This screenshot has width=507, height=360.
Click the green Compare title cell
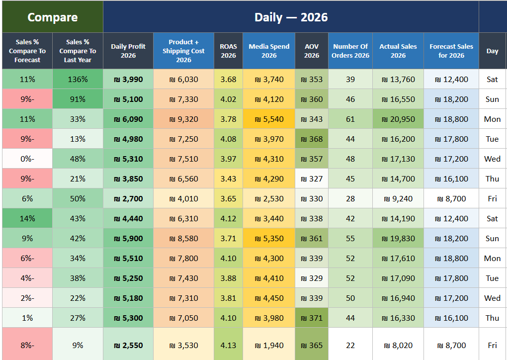point(53,17)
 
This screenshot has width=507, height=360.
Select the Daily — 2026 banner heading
point(291,17)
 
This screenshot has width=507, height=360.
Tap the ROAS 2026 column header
point(228,51)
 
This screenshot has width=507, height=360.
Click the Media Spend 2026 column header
point(269,51)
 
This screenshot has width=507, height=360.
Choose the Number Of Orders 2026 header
point(350,51)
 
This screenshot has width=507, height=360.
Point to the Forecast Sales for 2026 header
point(451,51)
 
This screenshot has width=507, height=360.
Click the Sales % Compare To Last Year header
point(78,51)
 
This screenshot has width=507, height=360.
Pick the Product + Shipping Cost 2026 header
point(183,51)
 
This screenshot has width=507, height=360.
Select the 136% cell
point(78,79)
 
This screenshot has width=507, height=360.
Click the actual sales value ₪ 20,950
point(398,119)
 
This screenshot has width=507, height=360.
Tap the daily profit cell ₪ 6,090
point(128,119)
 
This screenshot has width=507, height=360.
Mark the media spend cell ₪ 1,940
point(269,345)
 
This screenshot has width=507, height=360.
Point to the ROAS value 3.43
point(228,179)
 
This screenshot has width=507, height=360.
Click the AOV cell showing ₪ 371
point(312,318)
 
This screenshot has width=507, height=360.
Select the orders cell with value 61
point(350,119)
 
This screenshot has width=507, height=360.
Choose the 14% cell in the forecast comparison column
point(27,218)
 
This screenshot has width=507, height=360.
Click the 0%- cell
point(27,159)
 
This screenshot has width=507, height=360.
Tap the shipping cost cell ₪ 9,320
point(183,119)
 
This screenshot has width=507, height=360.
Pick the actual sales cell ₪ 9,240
point(398,198)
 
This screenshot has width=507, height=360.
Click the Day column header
point(492,51)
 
